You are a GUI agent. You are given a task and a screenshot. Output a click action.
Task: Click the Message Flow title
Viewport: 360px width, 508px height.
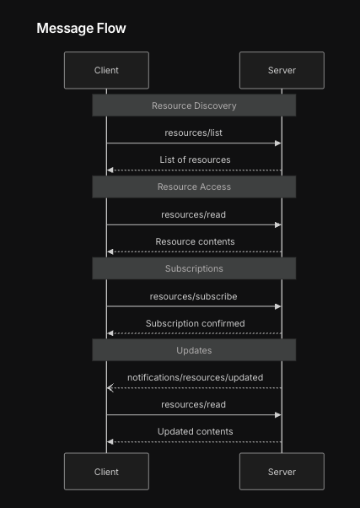pos(81,29)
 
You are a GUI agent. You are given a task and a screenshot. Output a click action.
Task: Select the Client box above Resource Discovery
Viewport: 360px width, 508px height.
pos(106,70)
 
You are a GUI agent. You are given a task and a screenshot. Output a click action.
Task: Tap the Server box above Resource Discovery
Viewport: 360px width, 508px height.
pos(282,70)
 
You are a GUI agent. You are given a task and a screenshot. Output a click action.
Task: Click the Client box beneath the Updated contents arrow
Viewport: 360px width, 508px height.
pos(106,472)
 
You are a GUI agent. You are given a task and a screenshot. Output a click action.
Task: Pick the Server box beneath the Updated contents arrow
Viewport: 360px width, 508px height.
pos(282,472)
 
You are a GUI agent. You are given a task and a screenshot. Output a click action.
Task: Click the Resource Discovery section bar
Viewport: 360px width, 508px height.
pos(194,105)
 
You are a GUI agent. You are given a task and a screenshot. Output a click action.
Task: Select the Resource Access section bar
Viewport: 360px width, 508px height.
pos(194,186)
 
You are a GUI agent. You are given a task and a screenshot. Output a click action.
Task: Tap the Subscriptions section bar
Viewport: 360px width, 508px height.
pos(194,268)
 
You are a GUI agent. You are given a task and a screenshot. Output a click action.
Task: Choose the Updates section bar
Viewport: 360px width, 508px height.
pos(194,350)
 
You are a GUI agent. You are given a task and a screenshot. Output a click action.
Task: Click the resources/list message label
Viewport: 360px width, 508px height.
pos(194,132)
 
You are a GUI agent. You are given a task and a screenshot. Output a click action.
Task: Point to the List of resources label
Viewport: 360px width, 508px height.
pos(195,159)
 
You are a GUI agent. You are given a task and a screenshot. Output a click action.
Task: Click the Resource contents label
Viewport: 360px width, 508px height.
pos(195,241)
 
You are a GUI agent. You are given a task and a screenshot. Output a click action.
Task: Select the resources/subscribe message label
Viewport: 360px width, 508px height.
pos(194,296)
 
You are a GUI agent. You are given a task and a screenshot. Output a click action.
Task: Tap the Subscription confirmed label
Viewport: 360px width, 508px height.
pos(195,323)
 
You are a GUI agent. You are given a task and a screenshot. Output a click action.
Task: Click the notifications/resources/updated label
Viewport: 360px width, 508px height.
pos(195,377)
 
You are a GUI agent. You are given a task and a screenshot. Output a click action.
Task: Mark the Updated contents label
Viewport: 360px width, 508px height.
pos(195,431)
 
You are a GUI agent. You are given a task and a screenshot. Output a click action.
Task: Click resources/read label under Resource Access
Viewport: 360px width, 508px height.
pos(194,214)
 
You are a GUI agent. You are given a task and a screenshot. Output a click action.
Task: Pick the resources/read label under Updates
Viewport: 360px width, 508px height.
pos(194,404)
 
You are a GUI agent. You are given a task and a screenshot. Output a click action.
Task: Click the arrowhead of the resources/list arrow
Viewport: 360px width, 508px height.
pos(277,143)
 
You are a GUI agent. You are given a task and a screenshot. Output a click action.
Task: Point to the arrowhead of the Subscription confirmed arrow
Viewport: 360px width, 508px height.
pos(110,334)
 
